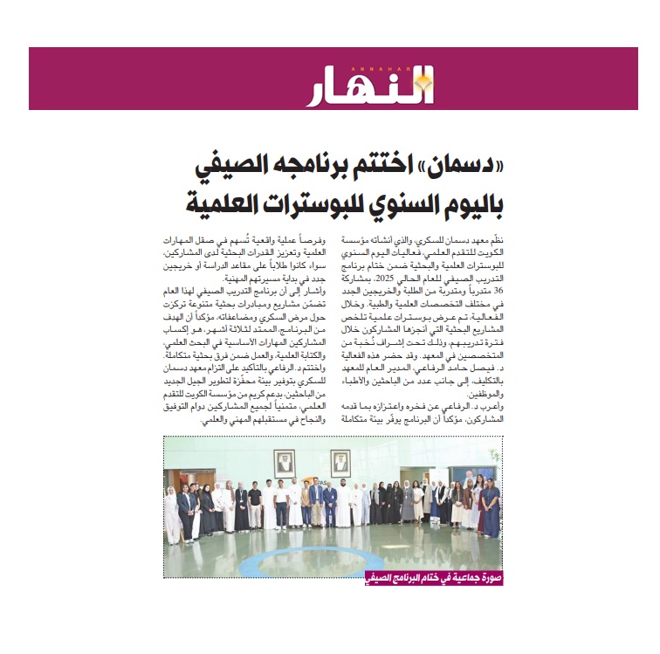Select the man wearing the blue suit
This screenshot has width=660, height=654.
pyautogui.click(x=330, y=505)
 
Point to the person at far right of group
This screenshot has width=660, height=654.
pyautogui.click(x=491, y=510)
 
